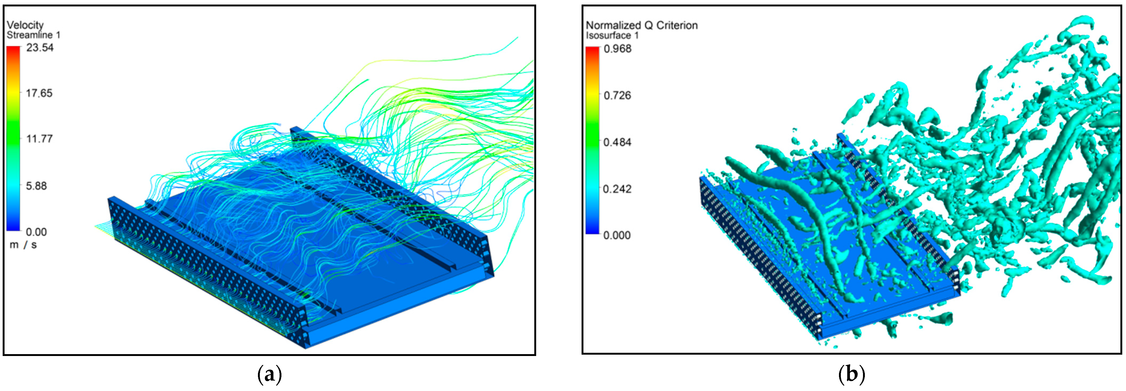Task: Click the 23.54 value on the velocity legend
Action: tap(40, 47)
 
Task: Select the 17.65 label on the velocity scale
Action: tap(39, 93)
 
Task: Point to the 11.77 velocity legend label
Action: tap(39, 139)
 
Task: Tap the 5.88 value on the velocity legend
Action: tap(36, 186)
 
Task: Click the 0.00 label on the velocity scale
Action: tap(36, 232)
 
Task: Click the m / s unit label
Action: tap(23, 245)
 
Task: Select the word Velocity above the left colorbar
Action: tap(25, 25)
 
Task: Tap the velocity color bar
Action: tap(13, 138)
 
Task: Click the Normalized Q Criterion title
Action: tap(642, 25)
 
